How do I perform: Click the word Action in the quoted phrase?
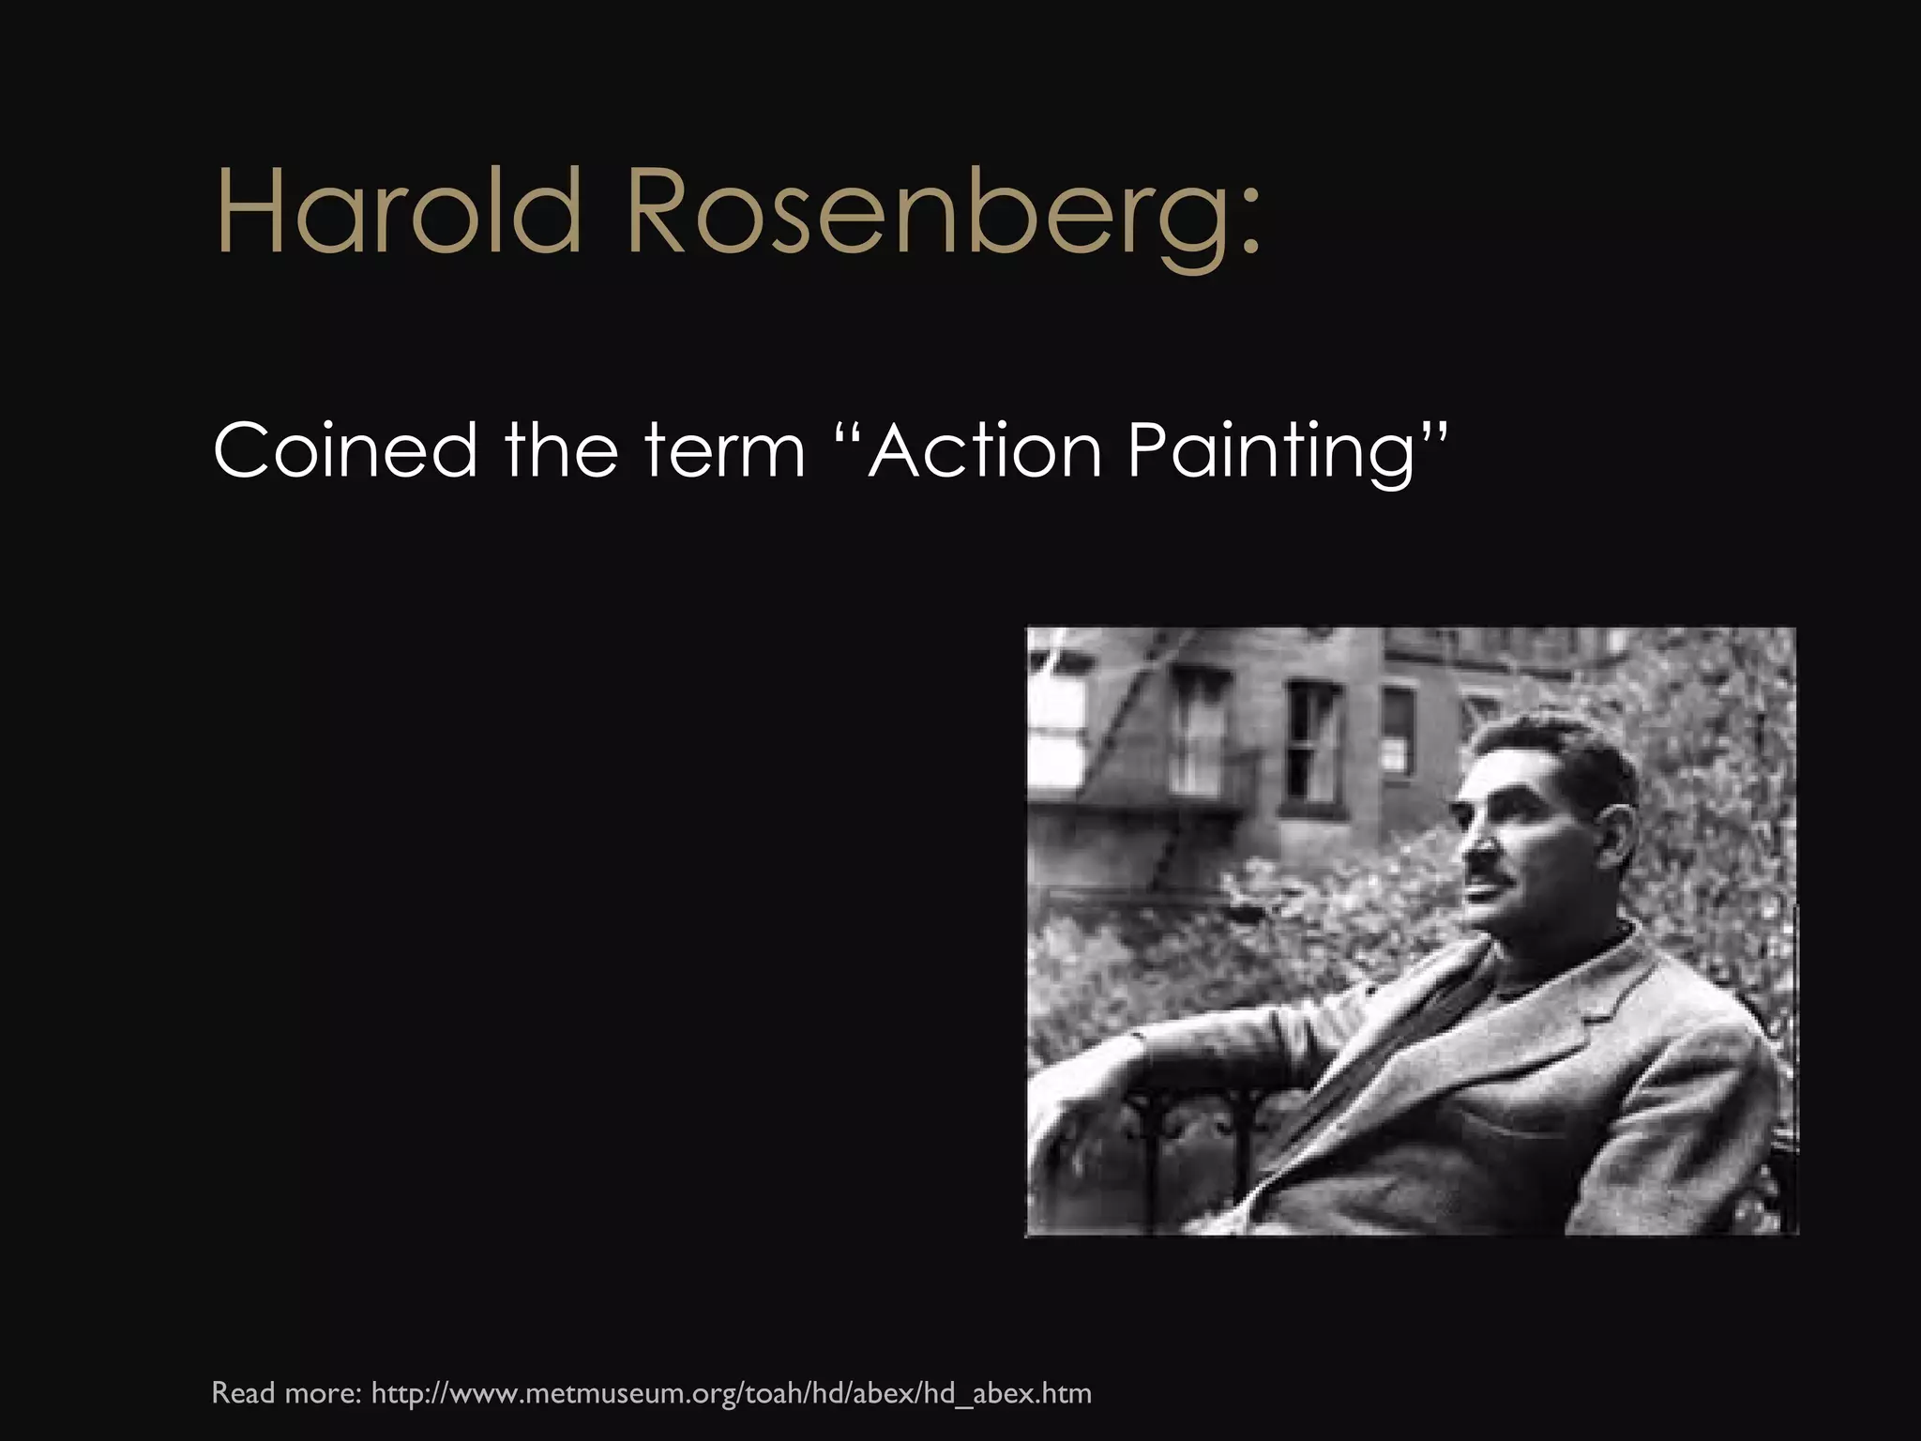(x=984, y=450)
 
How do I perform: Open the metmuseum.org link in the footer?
(x=732, y=1393)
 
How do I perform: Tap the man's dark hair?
(x=1576, y=760)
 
